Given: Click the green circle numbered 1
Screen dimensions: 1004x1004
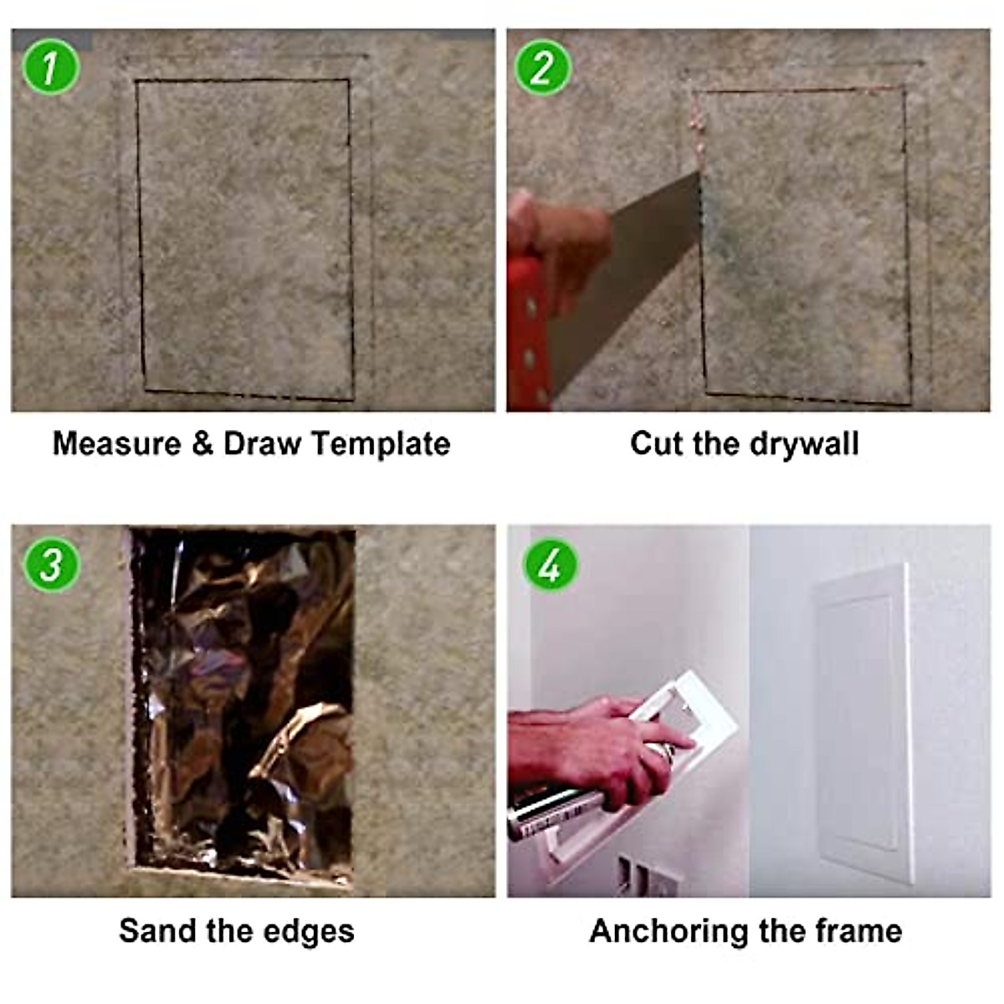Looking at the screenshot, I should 51,66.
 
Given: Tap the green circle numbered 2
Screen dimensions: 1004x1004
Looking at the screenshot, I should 543,66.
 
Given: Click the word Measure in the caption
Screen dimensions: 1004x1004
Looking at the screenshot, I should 116,443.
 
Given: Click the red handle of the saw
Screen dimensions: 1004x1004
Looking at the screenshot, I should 527,335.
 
